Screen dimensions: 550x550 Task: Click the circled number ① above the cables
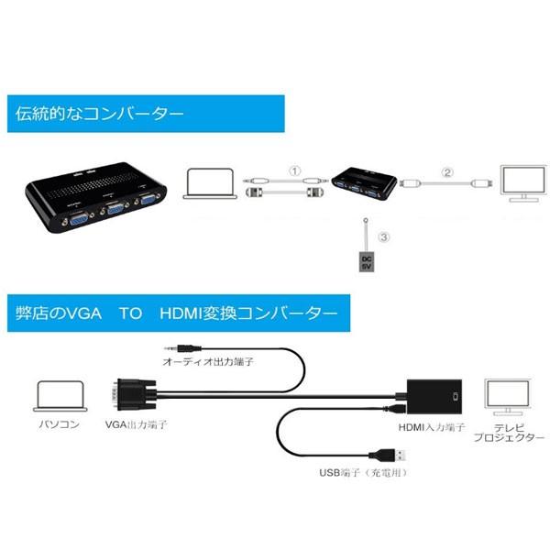click(294, 170)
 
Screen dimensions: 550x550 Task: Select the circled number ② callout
click(447, 171)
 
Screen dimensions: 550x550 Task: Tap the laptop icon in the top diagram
click(211, 183)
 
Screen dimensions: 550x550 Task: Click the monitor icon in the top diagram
click(519, 181)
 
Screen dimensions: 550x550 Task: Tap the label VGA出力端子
click(137, 425)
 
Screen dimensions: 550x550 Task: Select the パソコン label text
click(59, 425)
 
